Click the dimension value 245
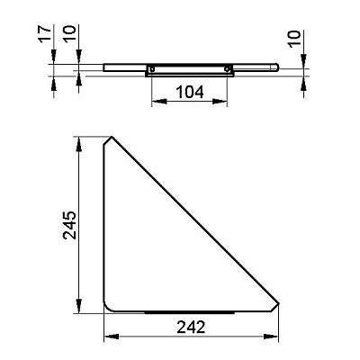(69, 225)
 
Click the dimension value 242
(191, 327)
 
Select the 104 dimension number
(189, 92)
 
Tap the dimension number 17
(44, 34)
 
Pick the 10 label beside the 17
(69, 34)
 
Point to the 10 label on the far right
(295, 38)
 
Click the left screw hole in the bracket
(152, 69)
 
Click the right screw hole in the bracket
(227, 69)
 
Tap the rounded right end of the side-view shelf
(276, 67)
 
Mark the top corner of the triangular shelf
(112, 137)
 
